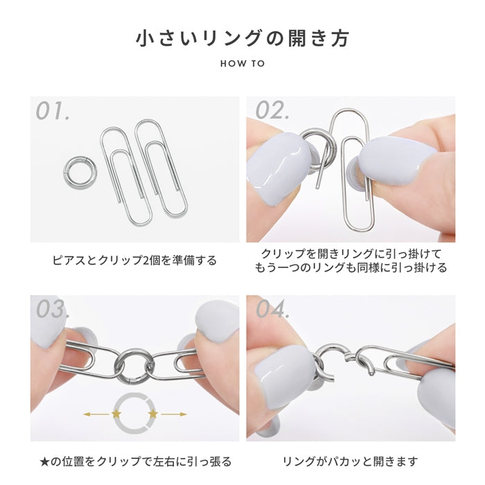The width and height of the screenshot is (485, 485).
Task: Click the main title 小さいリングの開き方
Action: pyautogui.click(x=242, y=38)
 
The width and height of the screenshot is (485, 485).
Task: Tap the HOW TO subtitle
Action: pyautogui.click(x=242, y=64)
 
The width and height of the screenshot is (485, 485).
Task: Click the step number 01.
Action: pyautogui.click(x=53, y=111)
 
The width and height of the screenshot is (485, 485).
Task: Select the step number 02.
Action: pyautogui.click(x=272, y=110)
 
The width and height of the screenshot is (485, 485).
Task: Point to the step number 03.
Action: pyautogui.click(x=52, y=309)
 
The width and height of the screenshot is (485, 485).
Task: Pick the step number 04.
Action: pyautogui.click(x=273, y=309)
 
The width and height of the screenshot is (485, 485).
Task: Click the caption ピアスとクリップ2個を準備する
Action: pyautogui.click(x=134, y=261)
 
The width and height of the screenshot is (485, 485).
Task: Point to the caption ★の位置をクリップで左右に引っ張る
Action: pyautogui.click(x=136, y=461)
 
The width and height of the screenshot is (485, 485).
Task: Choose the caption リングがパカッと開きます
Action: pyautogui.click(x=350, y=461)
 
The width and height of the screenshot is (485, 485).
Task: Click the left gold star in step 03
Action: pyautogui.click(x=116, y=414)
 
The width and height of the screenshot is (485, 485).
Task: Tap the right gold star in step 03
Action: pyautogui.click(x=153, y=414)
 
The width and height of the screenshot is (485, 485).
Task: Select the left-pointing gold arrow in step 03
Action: pyautogui.click(x=96, y=414)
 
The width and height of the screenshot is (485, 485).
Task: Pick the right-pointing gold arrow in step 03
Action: pyautogui.click(x=174, y=414)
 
